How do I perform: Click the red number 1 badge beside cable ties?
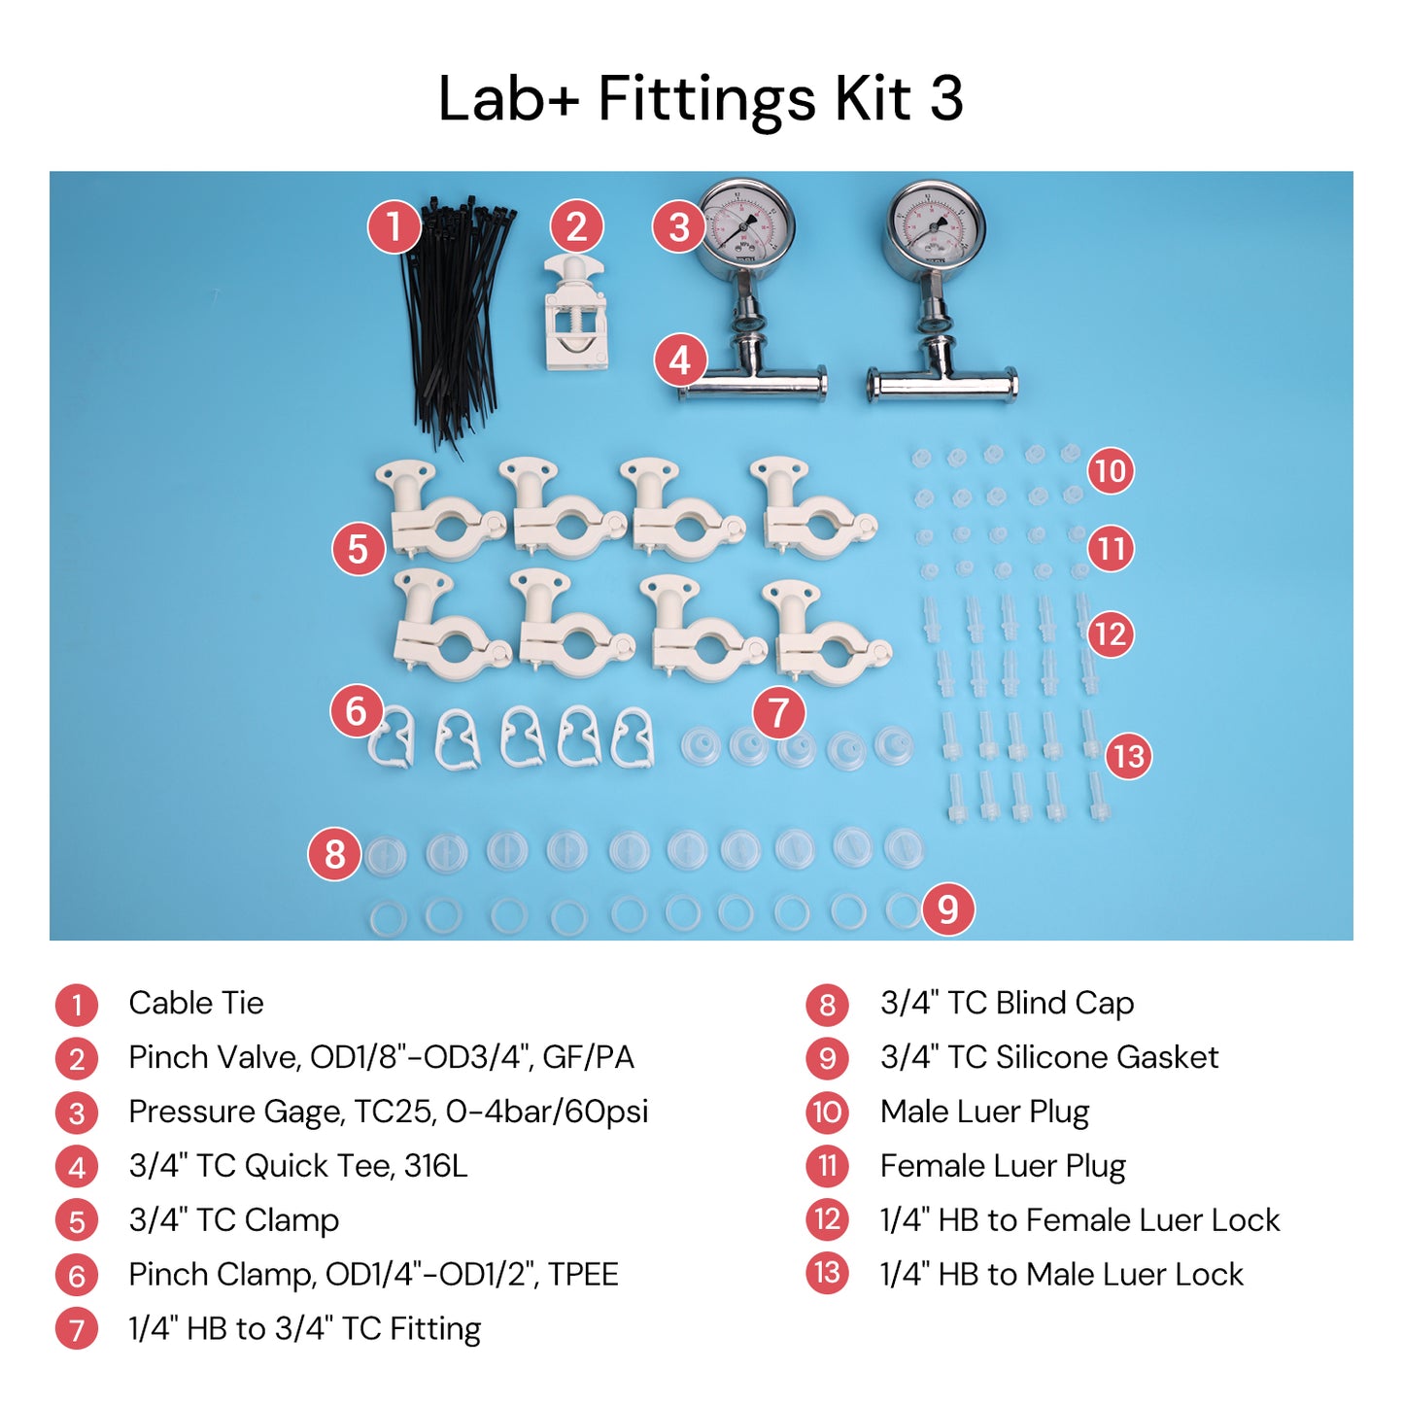394,227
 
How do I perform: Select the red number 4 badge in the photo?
680,360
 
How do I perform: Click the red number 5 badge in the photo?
359,549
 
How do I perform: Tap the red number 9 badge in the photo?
947,909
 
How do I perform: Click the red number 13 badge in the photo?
1128,756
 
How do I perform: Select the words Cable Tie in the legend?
196,1003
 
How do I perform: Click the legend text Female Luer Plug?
1003,1165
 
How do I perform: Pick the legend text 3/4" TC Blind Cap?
1007,1003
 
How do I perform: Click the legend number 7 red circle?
77,1329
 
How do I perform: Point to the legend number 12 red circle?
827,1219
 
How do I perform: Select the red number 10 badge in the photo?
1110,471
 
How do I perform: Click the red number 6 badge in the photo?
357,711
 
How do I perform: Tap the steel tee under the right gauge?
941,374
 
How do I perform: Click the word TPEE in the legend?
583,1274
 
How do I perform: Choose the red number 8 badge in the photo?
334,854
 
